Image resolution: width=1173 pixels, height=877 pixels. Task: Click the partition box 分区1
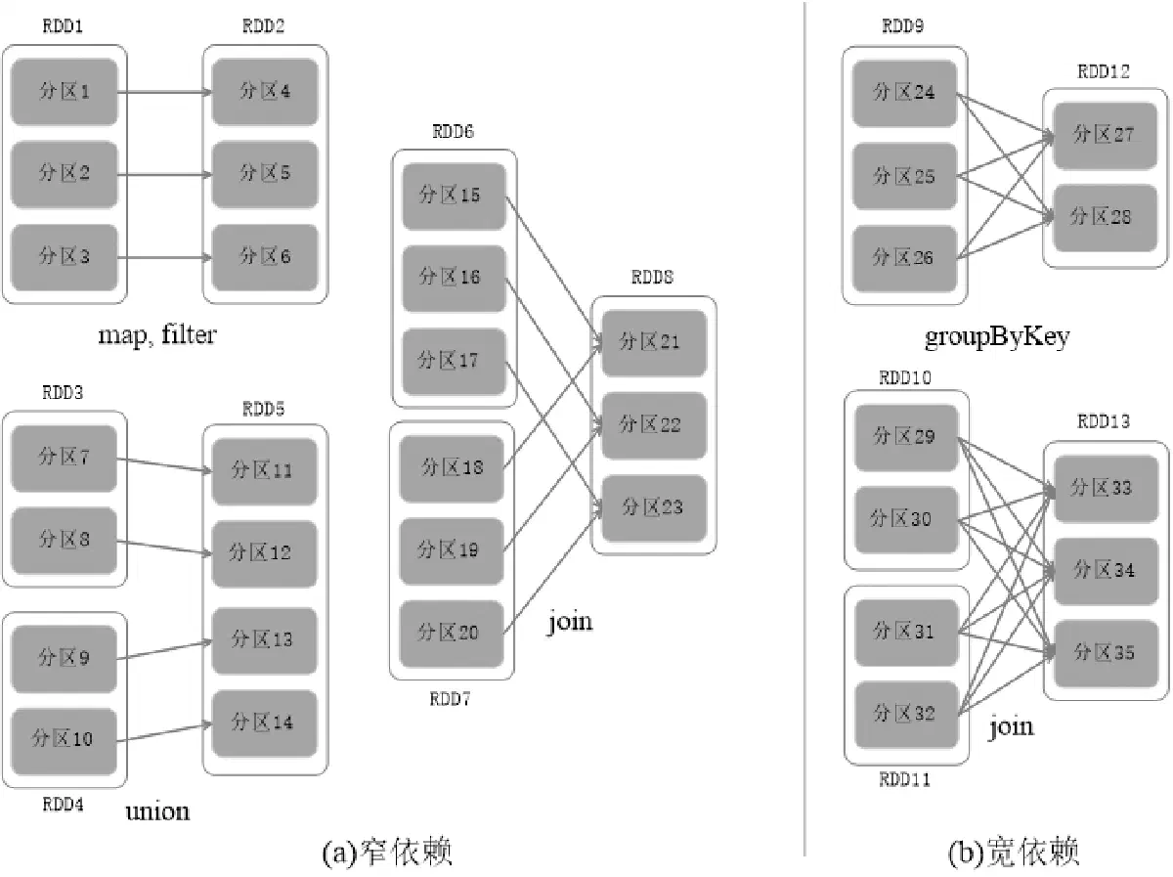pos(65,92)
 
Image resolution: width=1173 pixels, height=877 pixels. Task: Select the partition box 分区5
pos(265,174)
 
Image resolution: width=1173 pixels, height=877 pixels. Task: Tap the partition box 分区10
pos(65,741)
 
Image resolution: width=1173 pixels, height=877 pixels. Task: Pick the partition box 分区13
pos(265,640)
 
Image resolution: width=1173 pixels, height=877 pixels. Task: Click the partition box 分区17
pos(454,362)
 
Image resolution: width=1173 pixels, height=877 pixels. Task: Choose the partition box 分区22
pos(654,426)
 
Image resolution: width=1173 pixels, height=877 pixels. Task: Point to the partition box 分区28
pos(1106,218)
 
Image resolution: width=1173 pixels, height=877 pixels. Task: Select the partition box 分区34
pos(1107,571)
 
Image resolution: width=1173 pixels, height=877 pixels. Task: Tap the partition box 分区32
pos(906,715)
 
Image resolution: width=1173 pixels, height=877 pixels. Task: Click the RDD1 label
pos(63,26)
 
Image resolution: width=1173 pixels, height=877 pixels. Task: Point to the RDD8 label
pos(652,278)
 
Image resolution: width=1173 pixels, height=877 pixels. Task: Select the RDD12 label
pos(1104,71)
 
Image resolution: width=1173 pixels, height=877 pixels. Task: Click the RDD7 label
pos(450,699)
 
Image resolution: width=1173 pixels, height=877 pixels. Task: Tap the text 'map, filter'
pos(157,335)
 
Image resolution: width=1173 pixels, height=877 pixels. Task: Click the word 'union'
pos(157,811)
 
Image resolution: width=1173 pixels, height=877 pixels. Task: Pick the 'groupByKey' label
pos(997,337)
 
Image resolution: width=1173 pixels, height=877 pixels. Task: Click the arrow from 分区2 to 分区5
pos(164,174)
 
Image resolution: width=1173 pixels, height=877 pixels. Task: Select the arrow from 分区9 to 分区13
pos(164,650)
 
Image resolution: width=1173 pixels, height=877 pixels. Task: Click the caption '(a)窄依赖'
pos(387,852)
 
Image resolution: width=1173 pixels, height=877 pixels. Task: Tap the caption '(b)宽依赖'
pos(1014,852)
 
